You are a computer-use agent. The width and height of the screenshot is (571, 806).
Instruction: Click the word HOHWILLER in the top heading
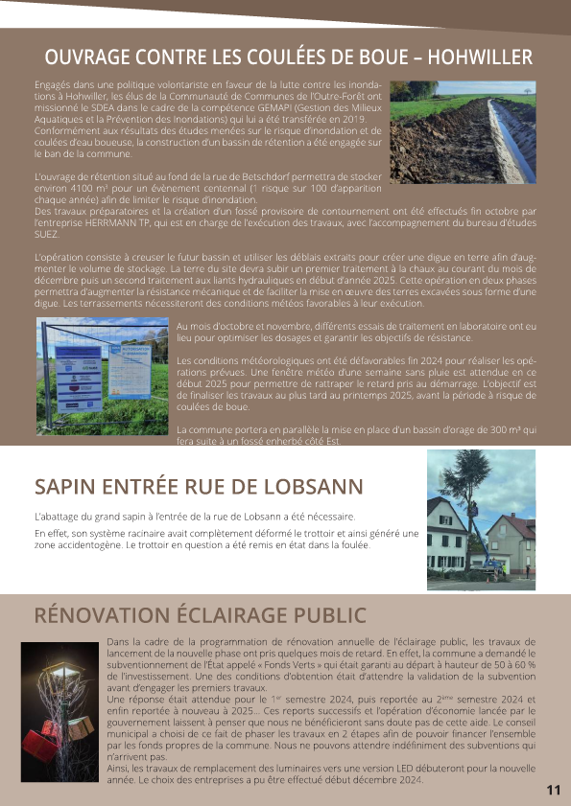[x=480, y=56]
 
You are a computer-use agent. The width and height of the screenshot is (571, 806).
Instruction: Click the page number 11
[x=553, y=791]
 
